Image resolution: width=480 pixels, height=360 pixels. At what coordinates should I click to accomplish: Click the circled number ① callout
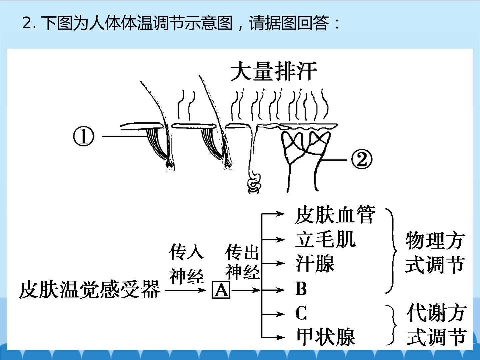tap(84, 137)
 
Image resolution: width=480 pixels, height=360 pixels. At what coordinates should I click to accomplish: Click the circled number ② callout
tap(362, 160)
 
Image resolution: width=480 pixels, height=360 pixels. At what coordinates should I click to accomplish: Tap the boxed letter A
tap(221, 290)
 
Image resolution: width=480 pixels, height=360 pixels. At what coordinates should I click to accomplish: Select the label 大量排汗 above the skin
tap(274, 71)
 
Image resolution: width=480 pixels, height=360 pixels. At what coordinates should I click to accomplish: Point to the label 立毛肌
tap(325, 239)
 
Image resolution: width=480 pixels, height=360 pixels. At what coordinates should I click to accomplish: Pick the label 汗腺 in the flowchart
tap(315, 263)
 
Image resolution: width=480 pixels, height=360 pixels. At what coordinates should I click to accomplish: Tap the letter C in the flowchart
tap(301, 313)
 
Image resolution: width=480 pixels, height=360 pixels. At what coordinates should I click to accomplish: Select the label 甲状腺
tap(326, 337)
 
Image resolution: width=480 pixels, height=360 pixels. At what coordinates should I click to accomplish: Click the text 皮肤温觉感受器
tap(90, 290)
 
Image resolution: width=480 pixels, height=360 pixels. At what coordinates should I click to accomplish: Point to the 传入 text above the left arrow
tap(187, 252)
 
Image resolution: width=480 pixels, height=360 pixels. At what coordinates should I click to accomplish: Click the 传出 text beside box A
tap(242, 252)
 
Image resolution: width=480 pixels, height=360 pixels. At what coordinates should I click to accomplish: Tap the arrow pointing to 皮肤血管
tap(273, 214)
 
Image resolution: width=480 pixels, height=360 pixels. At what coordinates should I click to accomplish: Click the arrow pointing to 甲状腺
tap(273, 337)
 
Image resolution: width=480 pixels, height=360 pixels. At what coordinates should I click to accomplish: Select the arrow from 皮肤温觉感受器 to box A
tap(186, 290)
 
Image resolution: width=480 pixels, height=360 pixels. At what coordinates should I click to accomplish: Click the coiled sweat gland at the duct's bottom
tap(254, 183)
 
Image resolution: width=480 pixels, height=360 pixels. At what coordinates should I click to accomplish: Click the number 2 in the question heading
tap(27, 23)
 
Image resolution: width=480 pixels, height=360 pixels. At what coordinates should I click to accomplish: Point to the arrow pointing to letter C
tap(273, 314)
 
